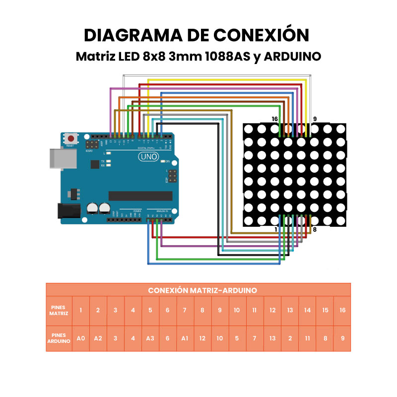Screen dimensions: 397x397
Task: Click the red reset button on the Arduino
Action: click(71, 138)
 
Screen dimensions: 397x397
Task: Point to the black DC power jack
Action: click(68, 211)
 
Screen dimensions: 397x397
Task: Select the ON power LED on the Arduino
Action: click(162, 162)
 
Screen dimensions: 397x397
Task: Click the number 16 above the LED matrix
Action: click(274, 119)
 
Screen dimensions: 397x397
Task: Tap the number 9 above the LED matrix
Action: click(314, 119)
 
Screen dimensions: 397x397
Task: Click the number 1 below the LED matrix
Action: click(276, 230)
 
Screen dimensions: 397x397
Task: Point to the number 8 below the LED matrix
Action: click(314, 230)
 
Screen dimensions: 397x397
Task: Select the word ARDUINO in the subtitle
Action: click(293, 57)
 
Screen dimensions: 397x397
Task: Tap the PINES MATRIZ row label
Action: click(59, 310)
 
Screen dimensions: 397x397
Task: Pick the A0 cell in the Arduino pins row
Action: click(81, 338)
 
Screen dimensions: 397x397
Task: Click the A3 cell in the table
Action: click(150, 338)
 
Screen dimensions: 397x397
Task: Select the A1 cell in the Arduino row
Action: click(185, 338)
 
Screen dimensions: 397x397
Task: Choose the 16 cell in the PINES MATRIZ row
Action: click(342, 310)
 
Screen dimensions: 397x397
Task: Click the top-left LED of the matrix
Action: click(248, 129)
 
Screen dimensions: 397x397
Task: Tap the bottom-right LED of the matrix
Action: click(340, 220)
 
